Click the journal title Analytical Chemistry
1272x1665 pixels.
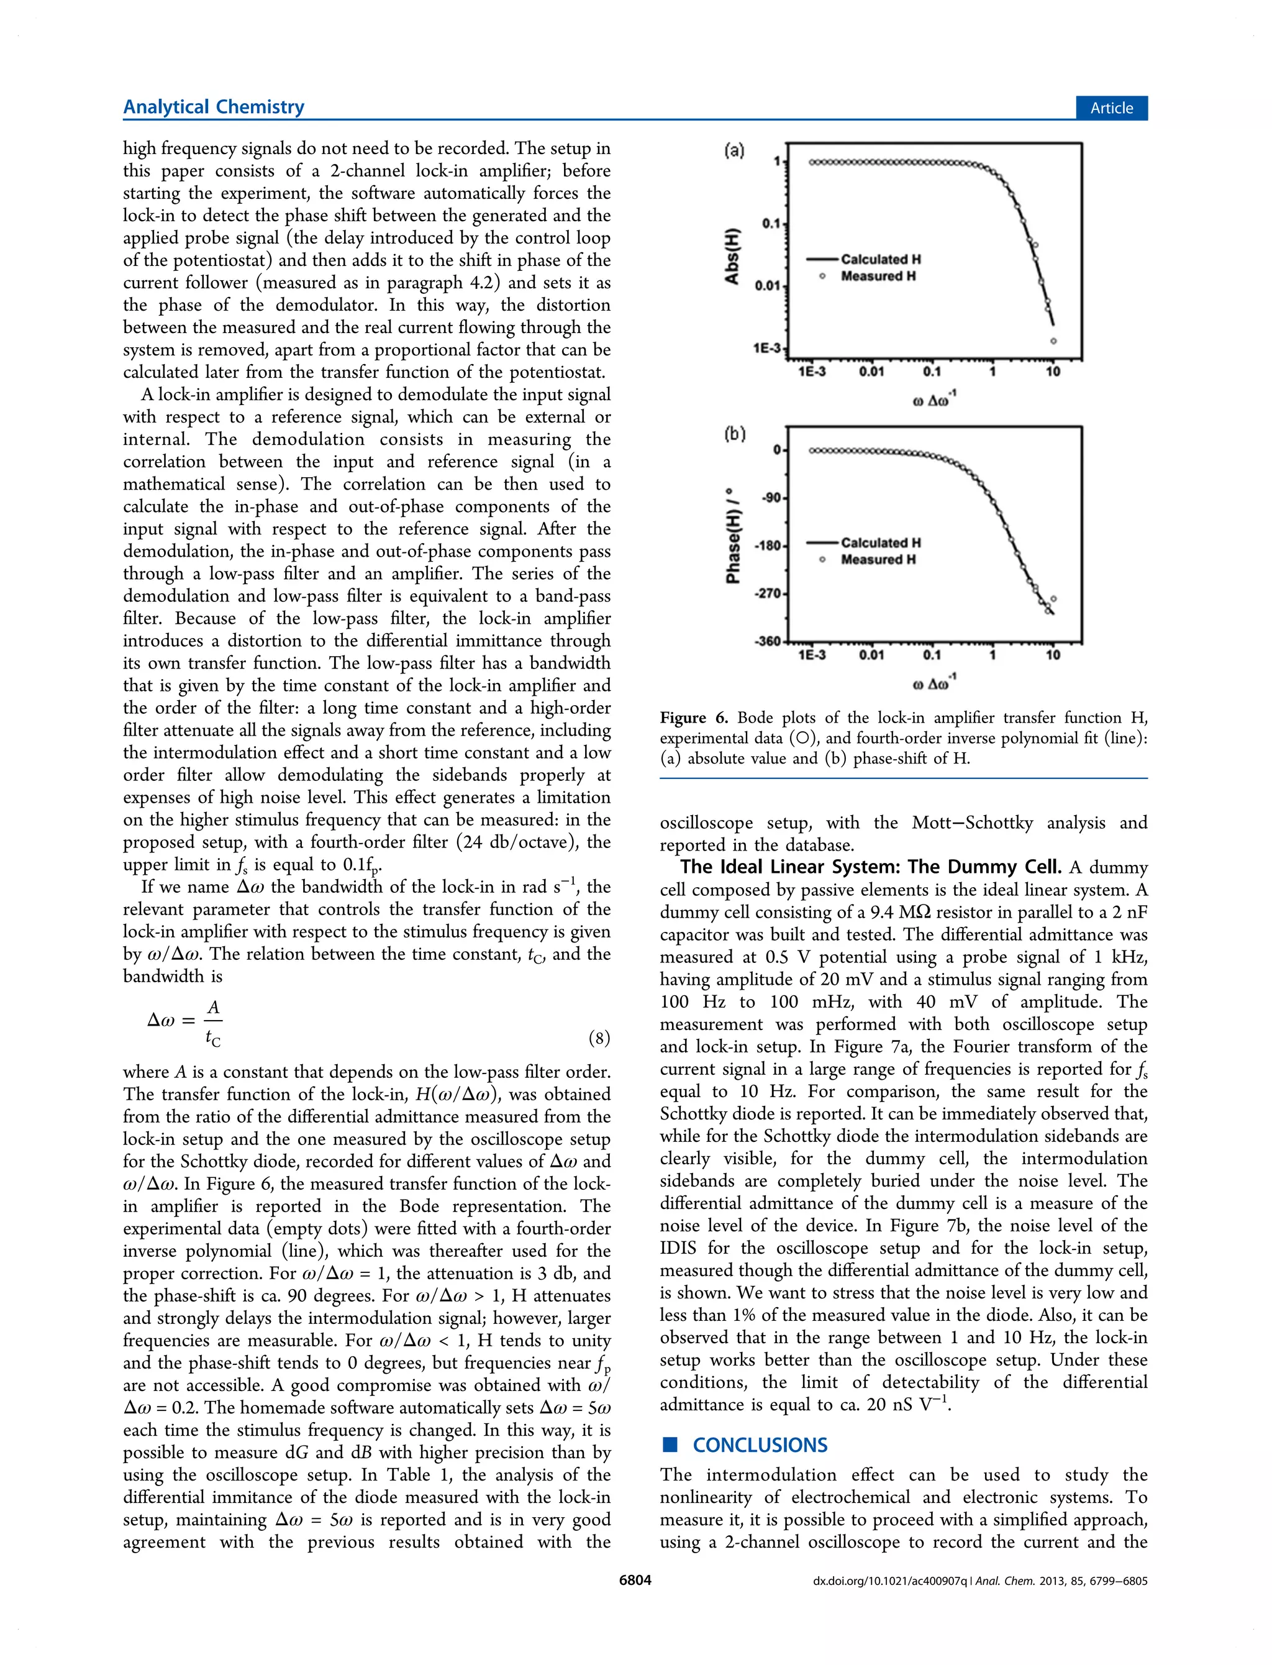click(x=214, y=107)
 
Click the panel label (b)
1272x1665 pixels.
click(x=734, y=434)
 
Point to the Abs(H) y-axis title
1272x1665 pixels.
click(x=732, y=255)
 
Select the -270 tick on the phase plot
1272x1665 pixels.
click(x=767, y=593)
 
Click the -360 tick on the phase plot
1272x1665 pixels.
click(x=767, y=641)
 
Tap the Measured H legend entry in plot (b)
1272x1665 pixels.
click(x=878, y=560)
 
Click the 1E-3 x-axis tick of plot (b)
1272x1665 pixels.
click(x=812, y=655)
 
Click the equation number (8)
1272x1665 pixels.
click(x=599, y=1038)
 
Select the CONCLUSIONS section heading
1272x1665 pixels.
click(x=760, y=1446)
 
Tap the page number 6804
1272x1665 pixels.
click(x=635, y=1581)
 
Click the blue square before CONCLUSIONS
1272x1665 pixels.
click(x=670, y=1444)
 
